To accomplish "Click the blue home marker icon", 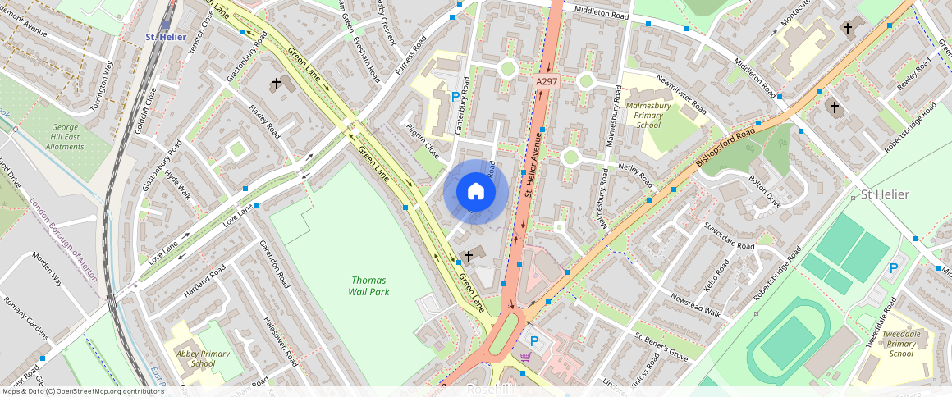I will (x=476, y=192).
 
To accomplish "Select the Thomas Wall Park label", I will (x=368, y=285).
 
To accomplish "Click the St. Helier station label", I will (x=165, y=37).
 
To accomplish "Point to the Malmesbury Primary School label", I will (x=648, y=116).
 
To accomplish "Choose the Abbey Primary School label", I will (x=196, y=358).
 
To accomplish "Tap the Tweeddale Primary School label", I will (x=901, y=344).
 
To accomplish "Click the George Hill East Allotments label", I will (x=65, y=136).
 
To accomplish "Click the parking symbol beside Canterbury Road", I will (x=455, y=97).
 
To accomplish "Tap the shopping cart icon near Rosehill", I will (x=525, y=356).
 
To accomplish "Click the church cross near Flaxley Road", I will (x=277, y=84).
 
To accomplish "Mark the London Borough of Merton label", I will (x=64, y=240).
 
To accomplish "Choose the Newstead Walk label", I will (x=695, y=305).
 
